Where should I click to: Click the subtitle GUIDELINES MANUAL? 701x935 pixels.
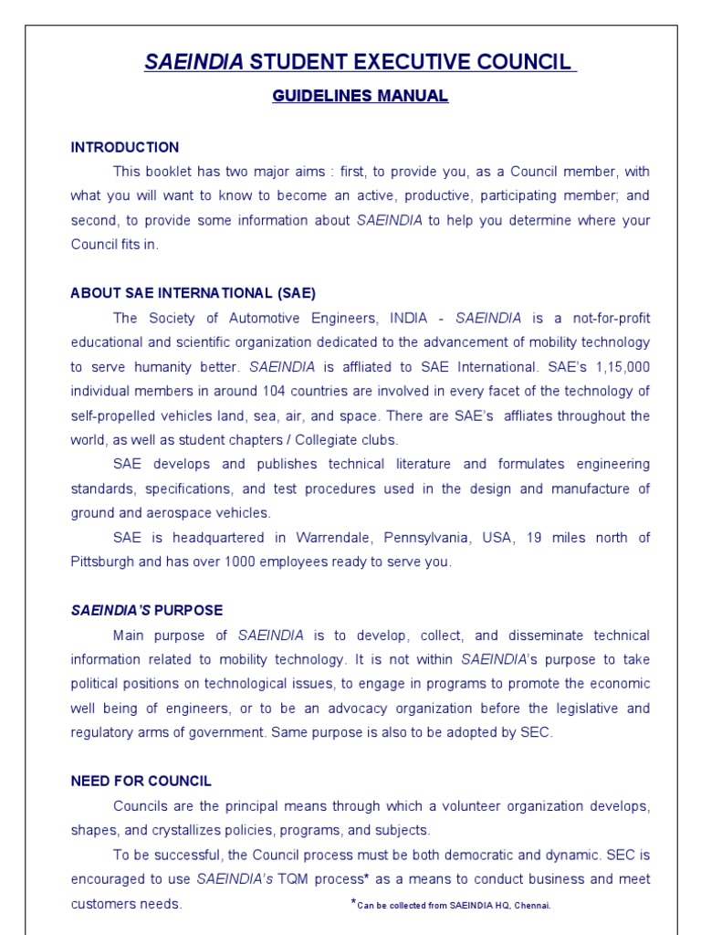pos(360,96)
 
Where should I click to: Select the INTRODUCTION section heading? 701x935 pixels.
pos(125,147)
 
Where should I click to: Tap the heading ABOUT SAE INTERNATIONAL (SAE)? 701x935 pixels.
pos(194,293)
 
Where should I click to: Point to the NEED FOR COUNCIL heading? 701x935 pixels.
pos(141,781)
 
